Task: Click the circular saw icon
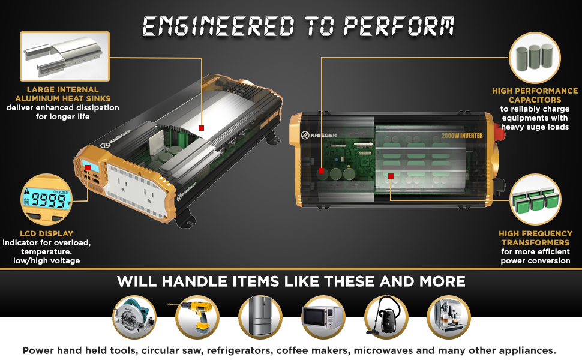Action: click(x=134, y=317)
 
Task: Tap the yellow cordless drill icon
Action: click(x=197, y=317)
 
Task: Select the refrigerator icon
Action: click(x=260, y=317)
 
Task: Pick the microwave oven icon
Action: click(x=323, y=317)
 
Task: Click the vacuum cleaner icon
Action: click(x=386, y=317)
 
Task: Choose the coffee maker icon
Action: click(x=449, y=317)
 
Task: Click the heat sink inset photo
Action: click(x=65, y=56)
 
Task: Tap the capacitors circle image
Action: click(x=535, y=58)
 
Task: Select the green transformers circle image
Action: click(x=535, y=200)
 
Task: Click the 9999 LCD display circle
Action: click(x=46, y=200)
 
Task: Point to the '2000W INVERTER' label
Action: click(x=462, y=136)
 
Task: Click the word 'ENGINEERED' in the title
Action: click(x=218, y=27)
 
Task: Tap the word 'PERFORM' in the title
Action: click(x=399, y=27)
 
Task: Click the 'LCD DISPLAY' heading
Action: click(x=46, y=234)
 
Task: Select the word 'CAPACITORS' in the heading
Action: click(x=535, y=100)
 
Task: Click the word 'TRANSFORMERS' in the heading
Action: click(x=535, y=243)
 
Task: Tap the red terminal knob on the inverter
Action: click(x=499, y=133)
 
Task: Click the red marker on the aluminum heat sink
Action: click(x=201, y=128)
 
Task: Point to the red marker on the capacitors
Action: click(x=322, y=171)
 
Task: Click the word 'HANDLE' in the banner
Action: click(x=195, y=281)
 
